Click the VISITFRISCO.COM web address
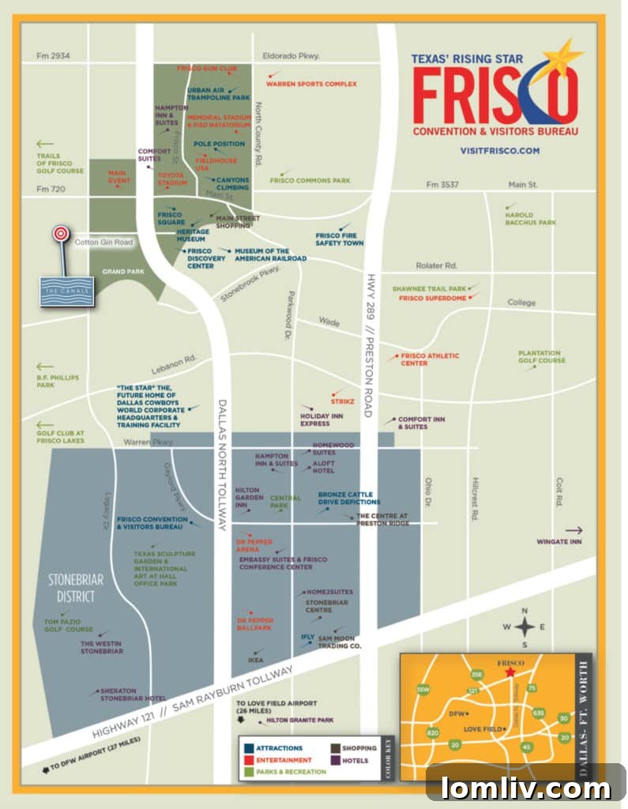click(x=499, y=150)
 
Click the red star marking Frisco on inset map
click(x=510, y=672)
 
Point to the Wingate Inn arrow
click(x=573, y=531)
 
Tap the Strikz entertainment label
click(x=343, y=401)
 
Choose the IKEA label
click(x=255, y=660)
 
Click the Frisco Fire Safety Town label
click(x=339, y=239)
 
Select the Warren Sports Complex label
click(x=311, y=84)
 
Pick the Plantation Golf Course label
click(x=541, y=357)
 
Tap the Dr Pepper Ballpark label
click(x=254, y=624)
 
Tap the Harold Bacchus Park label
click(x=530, y=219)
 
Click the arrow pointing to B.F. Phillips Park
click(x=45, y=367)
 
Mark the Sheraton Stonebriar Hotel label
click(x=132, y=694)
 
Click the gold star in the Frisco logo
click(x=565, y=57)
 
